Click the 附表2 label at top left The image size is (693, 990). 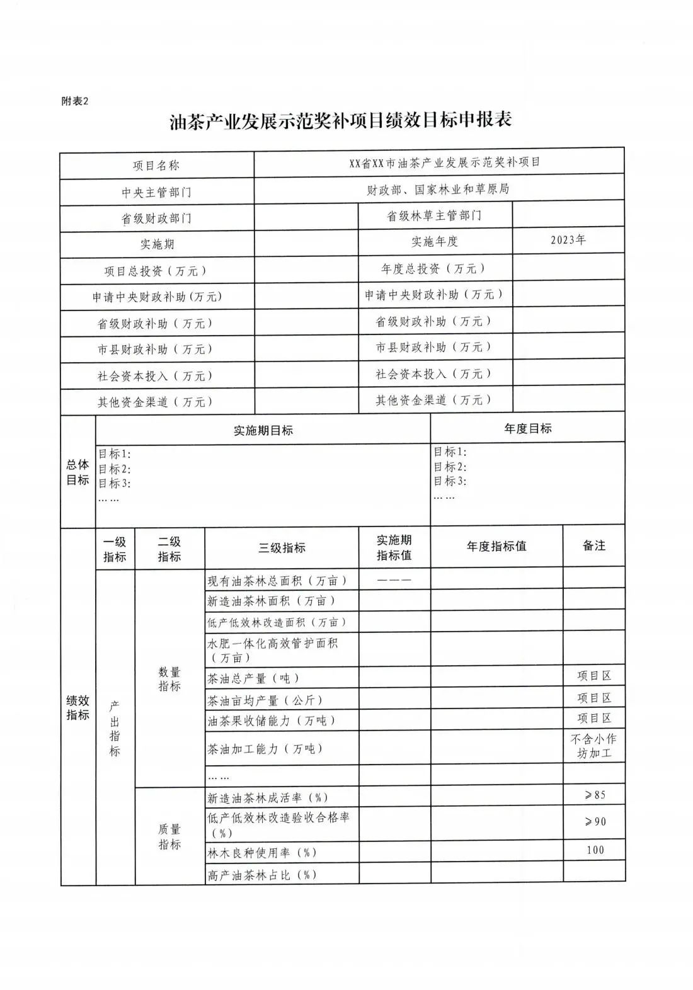[x=75, y=101]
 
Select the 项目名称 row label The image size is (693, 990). [x=156, y=166]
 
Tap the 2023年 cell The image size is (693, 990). [x=568, y=240]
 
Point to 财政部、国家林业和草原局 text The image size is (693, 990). [x=438, y=189]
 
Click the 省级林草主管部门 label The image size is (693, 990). [x=434, y=216]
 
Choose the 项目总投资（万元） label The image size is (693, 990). [x=156, y=271]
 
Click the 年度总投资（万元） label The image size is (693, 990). [x=434, y=269]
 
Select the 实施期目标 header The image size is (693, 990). [x=263, y=430]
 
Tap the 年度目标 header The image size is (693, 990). [x=527, y=428]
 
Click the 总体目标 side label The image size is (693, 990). [x=77, y=472]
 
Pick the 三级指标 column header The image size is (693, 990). [x=282, y=548]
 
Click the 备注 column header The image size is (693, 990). [x=593, y=545]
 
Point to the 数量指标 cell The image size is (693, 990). [x=169, y=679]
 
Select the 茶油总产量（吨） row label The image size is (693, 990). [x=253, y=678]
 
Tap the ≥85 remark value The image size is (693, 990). [x=594, y=795]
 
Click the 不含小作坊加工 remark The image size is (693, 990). [x=593, y=746]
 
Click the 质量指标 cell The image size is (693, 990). [x=169, y=836]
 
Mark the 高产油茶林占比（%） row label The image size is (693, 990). [x=262, y=875]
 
